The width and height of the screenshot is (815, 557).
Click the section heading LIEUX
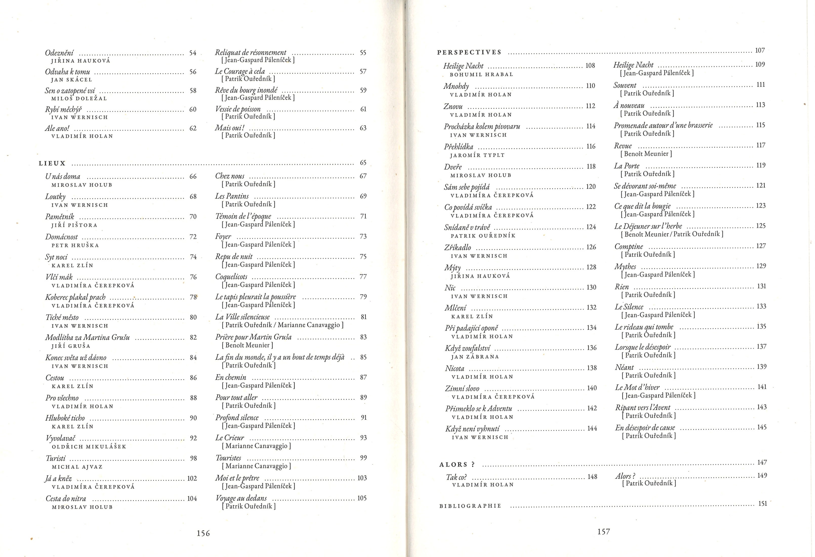(52, 163)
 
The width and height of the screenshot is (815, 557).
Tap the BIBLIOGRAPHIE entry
(470, 506)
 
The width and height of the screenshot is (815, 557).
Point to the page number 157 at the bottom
(604, 532)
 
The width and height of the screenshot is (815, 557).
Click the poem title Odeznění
(59, 53)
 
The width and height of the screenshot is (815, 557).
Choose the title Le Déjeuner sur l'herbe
(648, 226)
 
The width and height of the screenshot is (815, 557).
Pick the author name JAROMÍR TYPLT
(477, 155)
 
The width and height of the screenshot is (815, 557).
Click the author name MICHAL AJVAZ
(77, 467)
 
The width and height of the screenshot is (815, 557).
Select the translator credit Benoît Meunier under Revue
(646, 154)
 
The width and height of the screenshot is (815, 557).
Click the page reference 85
(363, 357)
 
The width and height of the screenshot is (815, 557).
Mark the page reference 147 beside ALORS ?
(762, 463)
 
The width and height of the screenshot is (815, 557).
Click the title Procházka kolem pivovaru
(482, 126)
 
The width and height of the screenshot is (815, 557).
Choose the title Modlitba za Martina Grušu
(87, 338)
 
